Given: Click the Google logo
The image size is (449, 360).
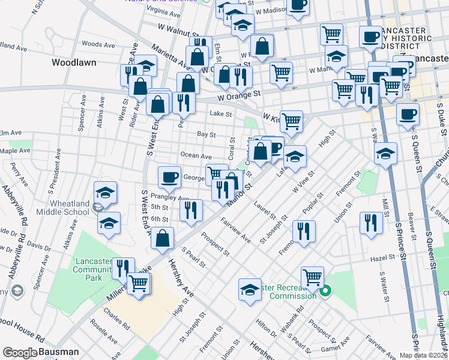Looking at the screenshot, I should [x=20, y=352].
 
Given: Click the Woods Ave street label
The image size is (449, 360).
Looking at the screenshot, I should [x=98, y=44].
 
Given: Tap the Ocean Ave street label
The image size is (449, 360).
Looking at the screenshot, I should [x=196, y=155].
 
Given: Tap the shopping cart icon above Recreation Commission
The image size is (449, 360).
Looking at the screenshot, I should [x=312, y=277].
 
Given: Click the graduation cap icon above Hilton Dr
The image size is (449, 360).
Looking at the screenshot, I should [x=250, y=289].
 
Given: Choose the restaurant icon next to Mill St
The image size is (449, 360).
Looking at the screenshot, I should [x=371, y=222].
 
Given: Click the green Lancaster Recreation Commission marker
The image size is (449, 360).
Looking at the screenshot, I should [x=325, y=292].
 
